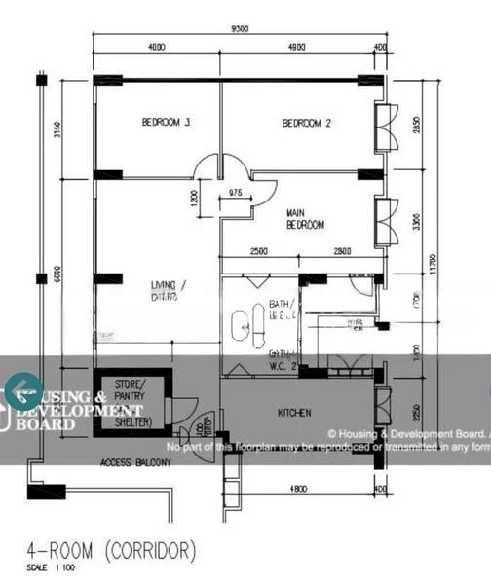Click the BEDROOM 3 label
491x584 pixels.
(x=166, y=123)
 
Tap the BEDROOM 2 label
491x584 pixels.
(x=307, y=123)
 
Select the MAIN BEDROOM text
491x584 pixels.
(x=305, y=218)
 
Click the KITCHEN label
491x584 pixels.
(x=294, y=413)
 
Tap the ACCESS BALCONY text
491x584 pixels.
(x=134, y=463)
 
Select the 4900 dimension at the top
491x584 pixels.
(x=297, y=47)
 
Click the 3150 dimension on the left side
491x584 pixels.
(x=57, y=130)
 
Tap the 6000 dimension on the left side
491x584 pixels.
(x=57, y=275)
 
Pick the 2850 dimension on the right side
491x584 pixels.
(x=416, y=127)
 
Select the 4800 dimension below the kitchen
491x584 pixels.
(x=298, y=488)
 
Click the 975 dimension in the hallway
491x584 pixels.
(x=235, y=193)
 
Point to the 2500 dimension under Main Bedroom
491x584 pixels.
(x=259, y=252)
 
